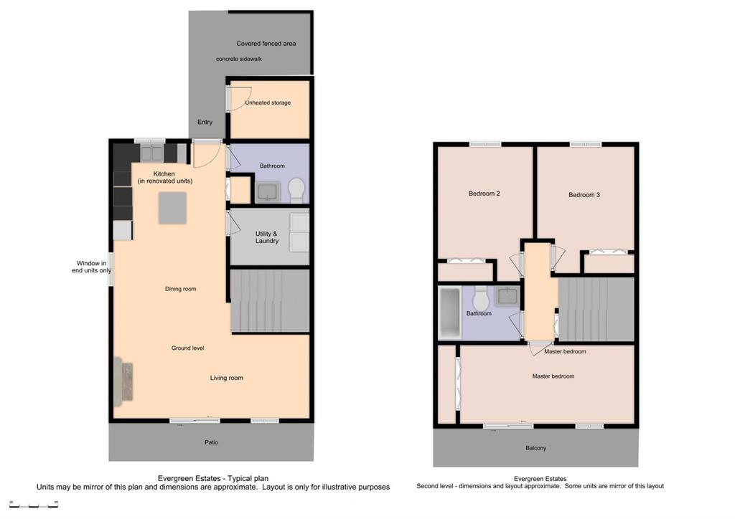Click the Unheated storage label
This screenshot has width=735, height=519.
point(268,103)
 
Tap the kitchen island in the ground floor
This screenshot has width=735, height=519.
point(172,208)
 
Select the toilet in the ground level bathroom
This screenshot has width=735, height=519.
point(296,190)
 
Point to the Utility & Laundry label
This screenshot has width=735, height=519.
point(267,237)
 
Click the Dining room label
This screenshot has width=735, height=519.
point(180,289)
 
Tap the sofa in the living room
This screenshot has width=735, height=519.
point(123,382)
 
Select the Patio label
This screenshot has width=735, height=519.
point(212,442)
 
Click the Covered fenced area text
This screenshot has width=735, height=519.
point(266,44)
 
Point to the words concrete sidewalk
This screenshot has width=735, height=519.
point(239,59)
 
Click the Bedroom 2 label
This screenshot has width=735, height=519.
point(484,194)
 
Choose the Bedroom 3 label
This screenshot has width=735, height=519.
point(584,195)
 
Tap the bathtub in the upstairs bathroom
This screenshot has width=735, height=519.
point(450,313)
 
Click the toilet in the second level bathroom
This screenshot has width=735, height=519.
point(480,298)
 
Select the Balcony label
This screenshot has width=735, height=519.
point(535,448)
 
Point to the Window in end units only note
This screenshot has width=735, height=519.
point(91,267)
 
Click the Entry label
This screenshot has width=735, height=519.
point(205,122)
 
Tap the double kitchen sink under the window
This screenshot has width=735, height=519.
point(152,153)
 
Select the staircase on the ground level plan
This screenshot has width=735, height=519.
point(270,300)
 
